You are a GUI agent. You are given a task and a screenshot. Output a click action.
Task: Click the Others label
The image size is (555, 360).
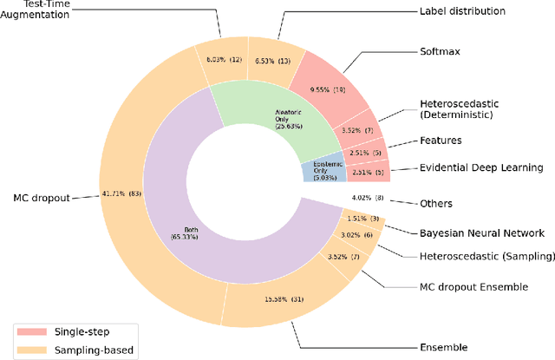(x=436, y=203)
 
